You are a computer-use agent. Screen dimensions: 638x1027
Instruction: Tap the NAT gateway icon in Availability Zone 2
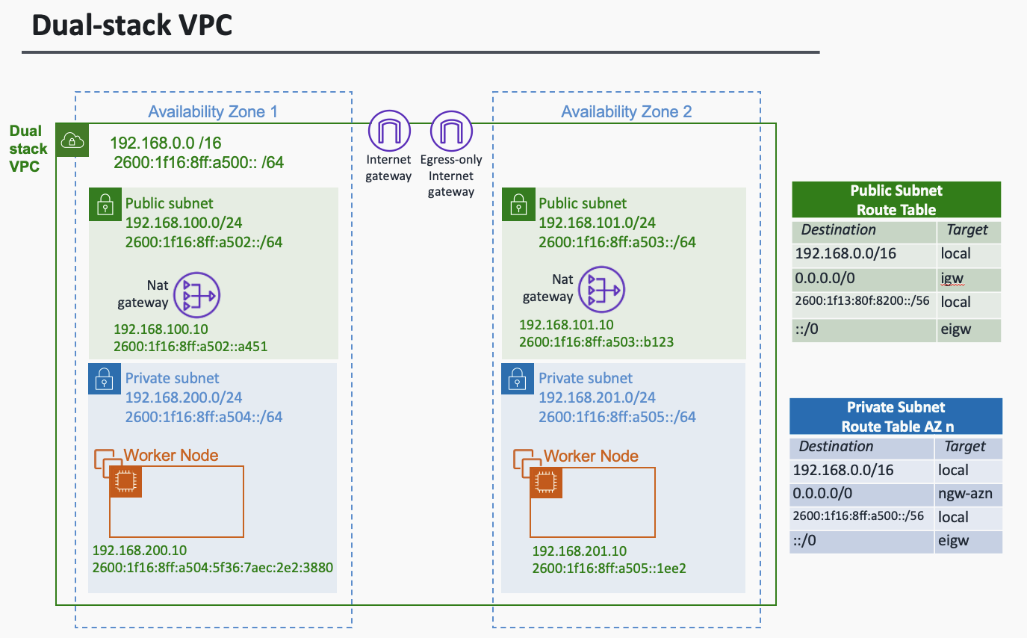[603, 289]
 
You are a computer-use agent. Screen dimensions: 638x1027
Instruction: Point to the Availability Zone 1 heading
[213, 112]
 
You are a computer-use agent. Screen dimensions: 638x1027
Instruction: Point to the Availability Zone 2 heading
[626, 112]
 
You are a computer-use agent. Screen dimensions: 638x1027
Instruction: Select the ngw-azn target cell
[965, 494]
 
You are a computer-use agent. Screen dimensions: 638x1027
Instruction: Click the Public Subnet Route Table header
[896, 200]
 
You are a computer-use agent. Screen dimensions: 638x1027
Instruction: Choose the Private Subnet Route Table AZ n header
[896, 417]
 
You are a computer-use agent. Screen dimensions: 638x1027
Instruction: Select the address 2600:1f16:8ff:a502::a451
[190, 346]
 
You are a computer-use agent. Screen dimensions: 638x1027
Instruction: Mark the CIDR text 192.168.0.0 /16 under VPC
[166, 143]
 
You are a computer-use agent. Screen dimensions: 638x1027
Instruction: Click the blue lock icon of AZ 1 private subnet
[104, 379]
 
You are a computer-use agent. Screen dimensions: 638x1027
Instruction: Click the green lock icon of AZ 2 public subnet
[517, 204]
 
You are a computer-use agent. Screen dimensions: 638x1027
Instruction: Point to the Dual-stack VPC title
[132, 25]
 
